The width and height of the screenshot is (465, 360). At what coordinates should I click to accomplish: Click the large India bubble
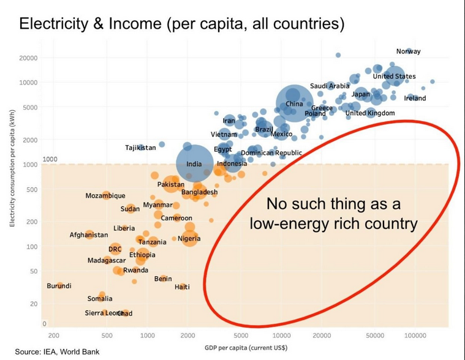pos(195,163)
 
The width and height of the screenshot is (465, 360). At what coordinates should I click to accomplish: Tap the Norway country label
pos(409,51)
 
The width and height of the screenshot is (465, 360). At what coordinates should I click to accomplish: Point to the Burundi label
pos(59,286)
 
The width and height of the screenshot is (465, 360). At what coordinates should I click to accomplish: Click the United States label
pos(394,77)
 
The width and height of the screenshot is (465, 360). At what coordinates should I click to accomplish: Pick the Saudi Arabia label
pos(330,86)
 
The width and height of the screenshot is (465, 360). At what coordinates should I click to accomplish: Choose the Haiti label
pos(182,287)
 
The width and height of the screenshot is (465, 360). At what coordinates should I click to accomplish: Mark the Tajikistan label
pos(140,148)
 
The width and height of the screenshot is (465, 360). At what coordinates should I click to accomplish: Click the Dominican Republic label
pos(271,153)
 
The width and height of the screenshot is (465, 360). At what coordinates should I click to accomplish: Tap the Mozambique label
pos(105,196)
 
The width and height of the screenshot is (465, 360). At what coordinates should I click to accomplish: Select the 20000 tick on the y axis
pos(28,58)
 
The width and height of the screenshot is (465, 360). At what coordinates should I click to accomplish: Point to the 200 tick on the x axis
pos(54,336)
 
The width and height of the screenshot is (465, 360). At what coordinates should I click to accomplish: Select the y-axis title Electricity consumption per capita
pos(12,169)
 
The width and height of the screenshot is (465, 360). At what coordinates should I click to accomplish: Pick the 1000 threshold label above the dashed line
pos(50,159)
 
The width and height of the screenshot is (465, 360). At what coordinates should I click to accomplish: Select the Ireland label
pos(415,99)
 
